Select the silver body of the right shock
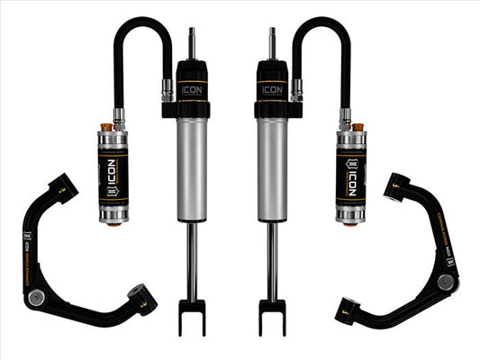(x=271, y=171)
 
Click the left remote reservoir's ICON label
(x=115, y=170)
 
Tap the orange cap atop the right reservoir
(x=357, y=129)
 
